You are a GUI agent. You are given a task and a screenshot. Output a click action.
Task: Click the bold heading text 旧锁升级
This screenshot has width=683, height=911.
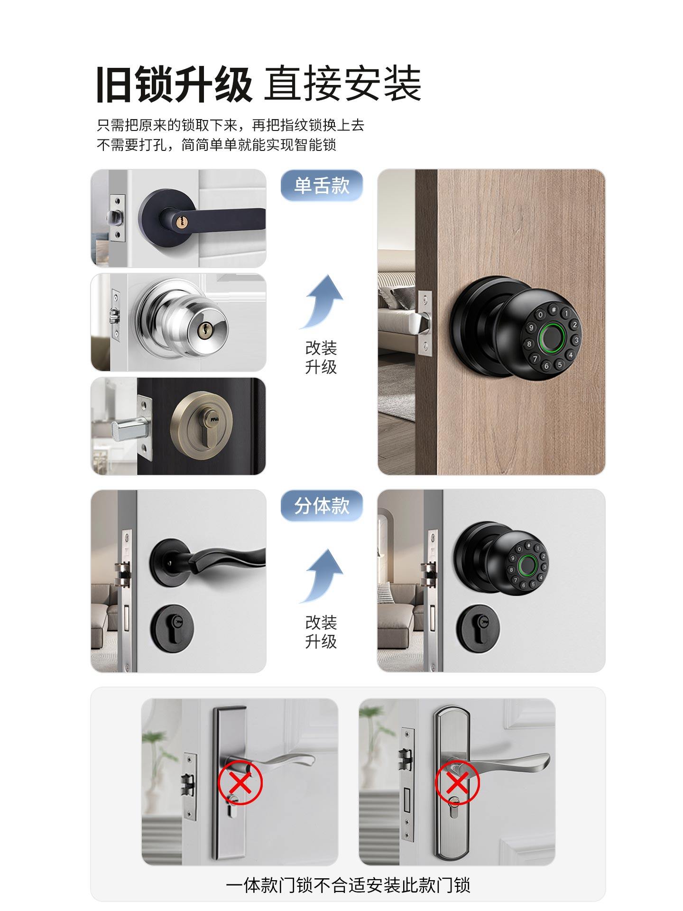click(174, 84)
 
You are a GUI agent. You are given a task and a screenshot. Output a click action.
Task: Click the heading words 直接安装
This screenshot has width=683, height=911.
click(342, 84)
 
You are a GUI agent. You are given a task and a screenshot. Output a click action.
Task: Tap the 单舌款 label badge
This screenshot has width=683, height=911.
click(322, 185)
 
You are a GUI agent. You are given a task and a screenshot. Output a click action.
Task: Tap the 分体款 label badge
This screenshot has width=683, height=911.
click(322, 506)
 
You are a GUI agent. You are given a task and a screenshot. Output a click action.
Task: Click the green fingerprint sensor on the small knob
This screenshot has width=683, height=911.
click(527, 565)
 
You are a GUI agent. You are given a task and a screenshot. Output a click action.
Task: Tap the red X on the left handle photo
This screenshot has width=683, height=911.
click(240, 782)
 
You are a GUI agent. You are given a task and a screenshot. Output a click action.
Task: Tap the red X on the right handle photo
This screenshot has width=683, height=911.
click(458, 782)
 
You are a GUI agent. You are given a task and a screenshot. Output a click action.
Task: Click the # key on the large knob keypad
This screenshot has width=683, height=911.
click(553, 309)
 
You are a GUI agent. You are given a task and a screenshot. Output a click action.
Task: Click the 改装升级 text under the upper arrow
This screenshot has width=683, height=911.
click(321, 357)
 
